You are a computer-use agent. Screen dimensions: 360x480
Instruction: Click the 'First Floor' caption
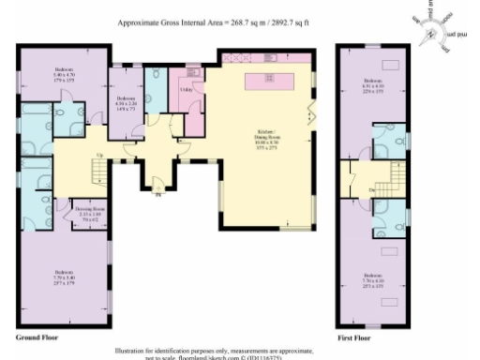[353, 335]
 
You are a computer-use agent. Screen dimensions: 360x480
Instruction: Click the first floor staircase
[387, 175]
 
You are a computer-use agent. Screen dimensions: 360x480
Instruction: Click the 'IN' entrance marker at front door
[157, 195]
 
